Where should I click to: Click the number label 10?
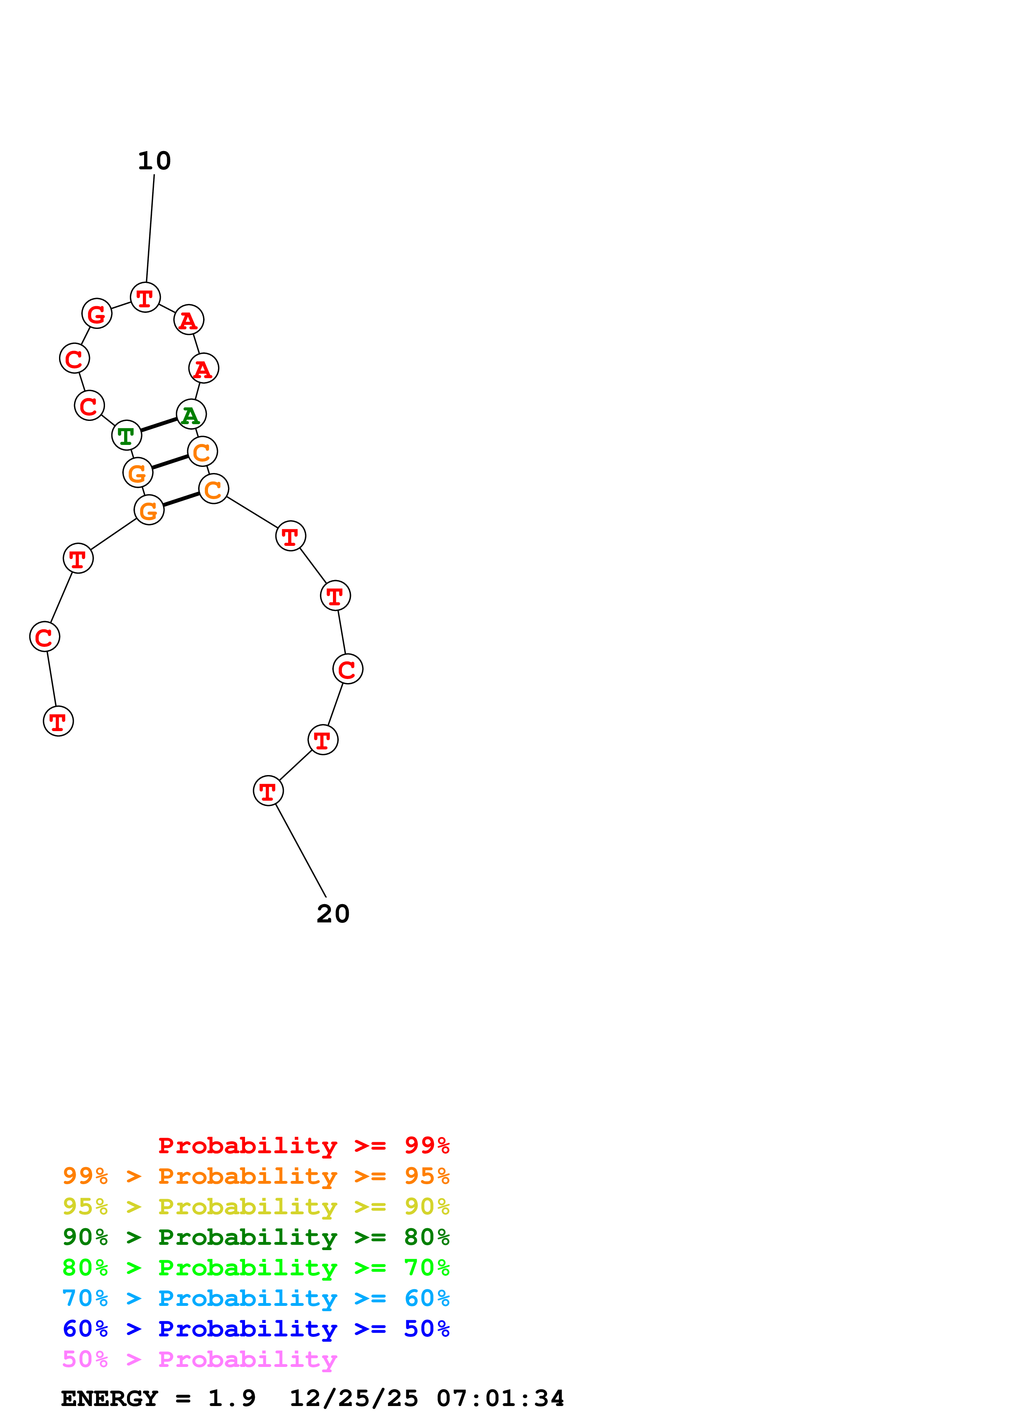(x=154, y=161)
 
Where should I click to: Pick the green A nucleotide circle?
(x=191, y=414)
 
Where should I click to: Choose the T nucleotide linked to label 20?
(x=268, y=791)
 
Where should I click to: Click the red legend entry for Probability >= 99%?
(x=303, y=1145)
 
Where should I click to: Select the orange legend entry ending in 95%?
(x=256, y=1176)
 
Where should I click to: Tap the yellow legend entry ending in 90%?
(x=256, y=1207)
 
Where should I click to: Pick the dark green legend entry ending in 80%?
(x=256, y=1237)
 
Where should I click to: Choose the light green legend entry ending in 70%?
(x=256, y=1268)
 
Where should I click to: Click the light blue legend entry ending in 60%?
(x=256, y=1298)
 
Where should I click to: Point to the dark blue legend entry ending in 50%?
(x=256, y=1329)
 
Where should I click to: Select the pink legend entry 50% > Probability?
(x=199, y=1359)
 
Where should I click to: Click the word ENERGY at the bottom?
(x=109, y=1398)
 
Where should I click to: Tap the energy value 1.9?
(x=231, y=1398)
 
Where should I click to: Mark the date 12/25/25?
(x=354, y=1398)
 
